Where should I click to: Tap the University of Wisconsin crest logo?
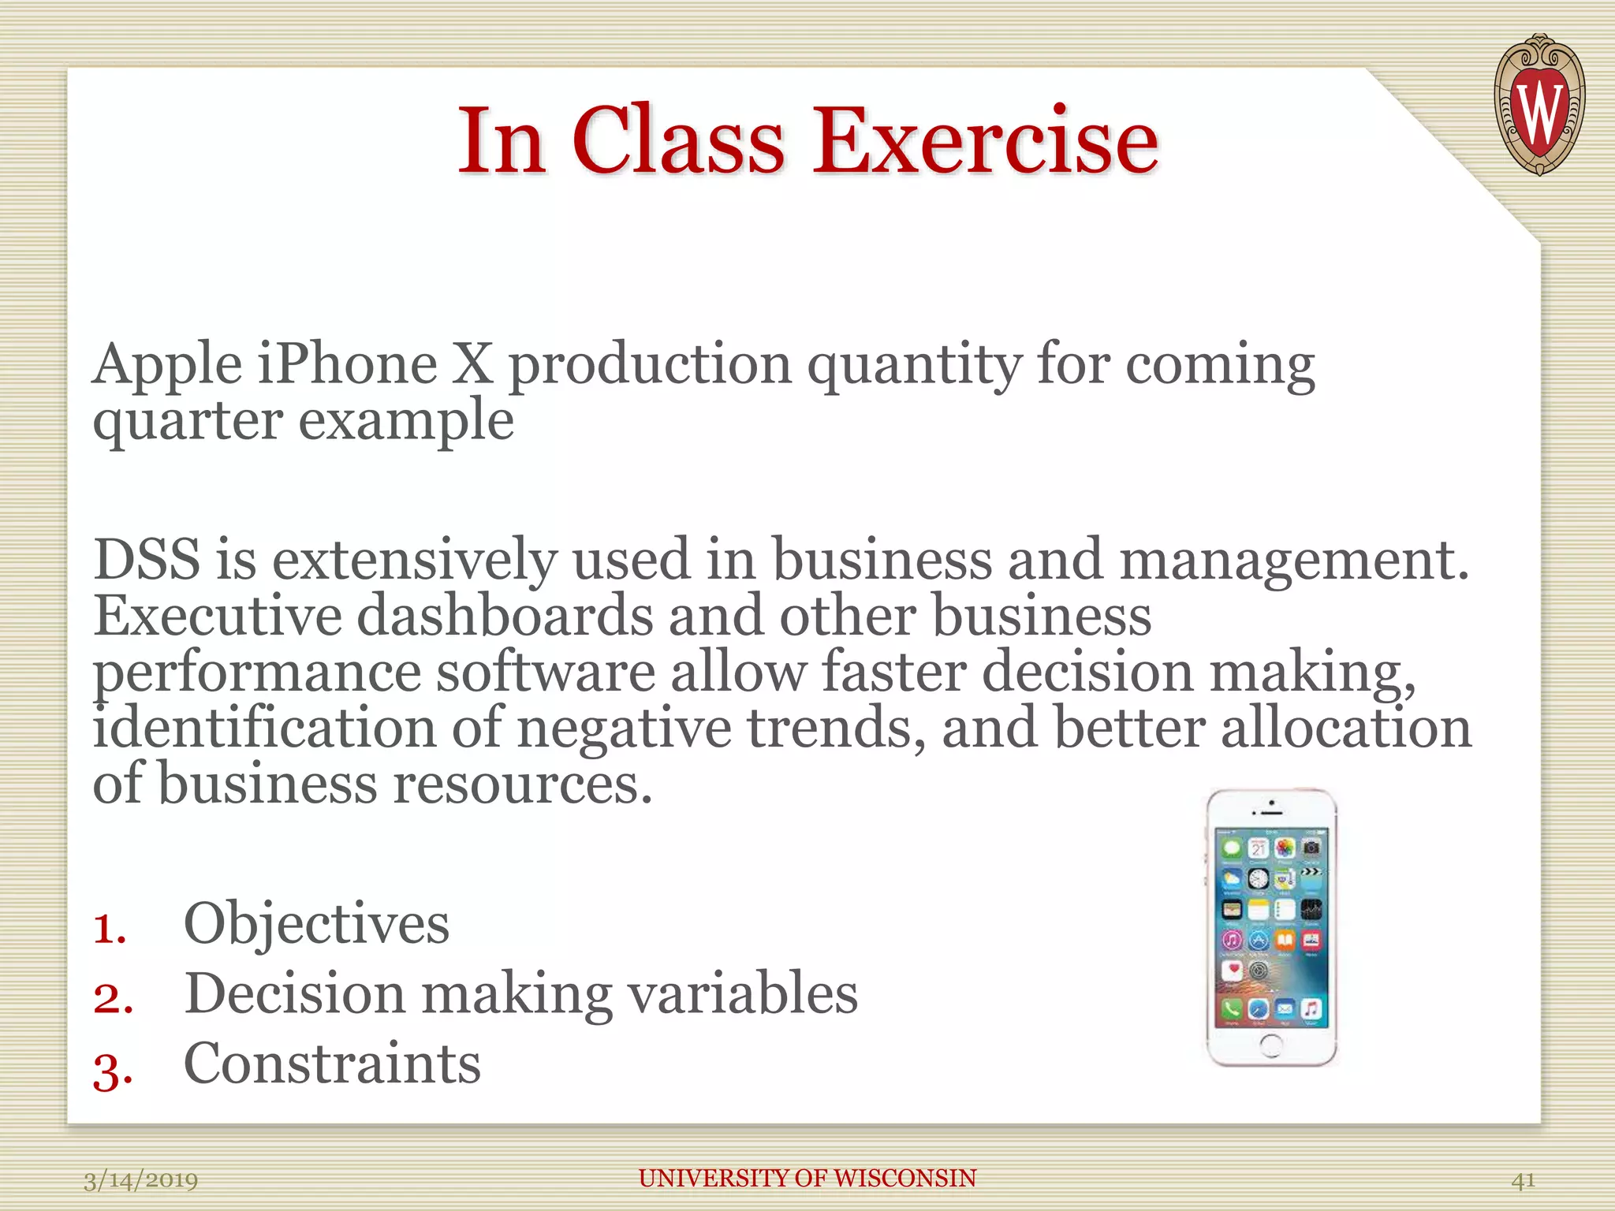(1539, 105)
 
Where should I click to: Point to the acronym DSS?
(147, 559)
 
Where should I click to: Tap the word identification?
(264, 727)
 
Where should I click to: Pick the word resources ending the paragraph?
(521, 784)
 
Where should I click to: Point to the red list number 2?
(111, 998)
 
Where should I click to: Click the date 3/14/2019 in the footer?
(141, 1180)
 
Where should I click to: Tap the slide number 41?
(1523, 1180)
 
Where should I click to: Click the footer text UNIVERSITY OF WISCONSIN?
(807, 1178)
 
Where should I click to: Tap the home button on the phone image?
(1271, 1046)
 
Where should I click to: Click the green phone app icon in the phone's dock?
(1232, 1008)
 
